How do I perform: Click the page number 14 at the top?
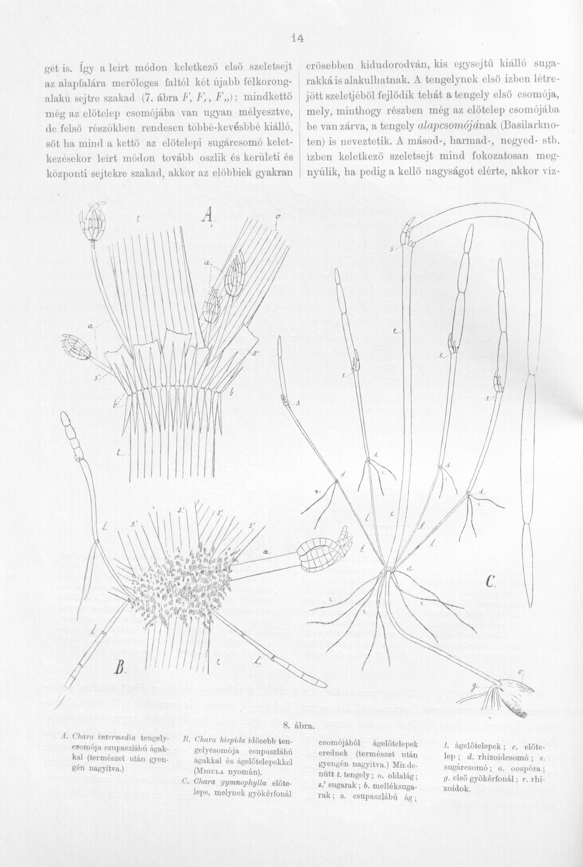[298, 38]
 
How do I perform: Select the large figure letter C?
[490, 581]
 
